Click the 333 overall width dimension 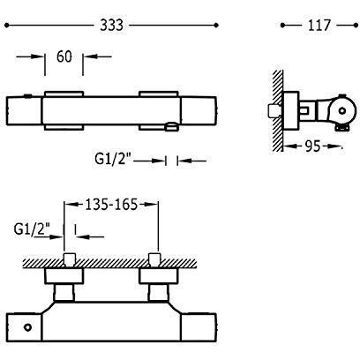coord(111,26)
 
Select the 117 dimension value coord(319,26)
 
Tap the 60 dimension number coord(64,56)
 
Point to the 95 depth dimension coord(312,146)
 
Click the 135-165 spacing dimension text coord(111,205)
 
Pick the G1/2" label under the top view coord(113,159)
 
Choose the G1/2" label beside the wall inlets coord(32,229)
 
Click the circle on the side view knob coord(342,111)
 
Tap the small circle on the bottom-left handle coord(27,327)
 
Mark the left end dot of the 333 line coord(7,26)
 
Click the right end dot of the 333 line coord(216,26)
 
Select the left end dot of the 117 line coord(283,26)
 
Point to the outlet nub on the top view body coord(172,127)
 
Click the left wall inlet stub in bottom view coord(70,259)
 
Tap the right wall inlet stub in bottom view coord(154,259)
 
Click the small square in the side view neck coord(304,111)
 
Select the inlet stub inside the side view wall coord(274,111)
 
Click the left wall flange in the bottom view coord(64,276)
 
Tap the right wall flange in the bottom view coord(158,276)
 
